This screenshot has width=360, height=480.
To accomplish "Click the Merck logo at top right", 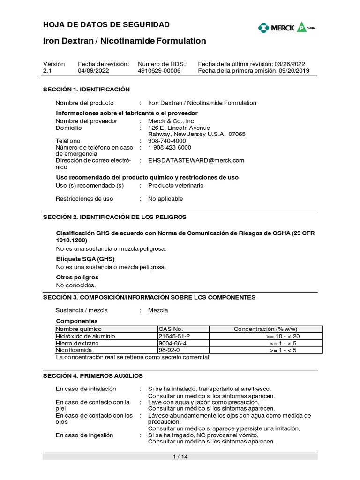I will [x=286, y=28].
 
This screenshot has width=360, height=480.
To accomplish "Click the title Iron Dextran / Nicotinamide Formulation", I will [x=124, y=41].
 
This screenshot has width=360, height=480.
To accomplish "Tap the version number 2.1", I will [x=47, y=71].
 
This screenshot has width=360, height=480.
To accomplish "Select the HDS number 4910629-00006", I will [x=159, y=71].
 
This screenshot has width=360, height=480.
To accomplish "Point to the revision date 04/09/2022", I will [x=93, y=71].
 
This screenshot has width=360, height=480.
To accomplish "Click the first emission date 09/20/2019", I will [x=293, y=71].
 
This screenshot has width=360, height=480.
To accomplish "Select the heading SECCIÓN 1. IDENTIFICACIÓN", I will [x=86, y=89].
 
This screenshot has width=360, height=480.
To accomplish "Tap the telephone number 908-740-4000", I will [x=167, y=141].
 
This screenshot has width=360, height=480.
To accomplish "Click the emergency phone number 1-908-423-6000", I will [x=170, y=147].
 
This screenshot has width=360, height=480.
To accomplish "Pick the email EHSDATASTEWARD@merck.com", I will [x=196, y=160].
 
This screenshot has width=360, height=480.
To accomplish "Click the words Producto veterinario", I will [x=176, y=185].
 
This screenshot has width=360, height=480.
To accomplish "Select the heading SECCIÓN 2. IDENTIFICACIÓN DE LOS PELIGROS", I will [x=115, y=217].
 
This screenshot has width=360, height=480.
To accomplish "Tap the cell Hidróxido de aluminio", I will [x=85, y=336].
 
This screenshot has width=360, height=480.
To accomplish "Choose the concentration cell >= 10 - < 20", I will [x=283, y=336].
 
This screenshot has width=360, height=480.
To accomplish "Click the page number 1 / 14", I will [x=180, y=457].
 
